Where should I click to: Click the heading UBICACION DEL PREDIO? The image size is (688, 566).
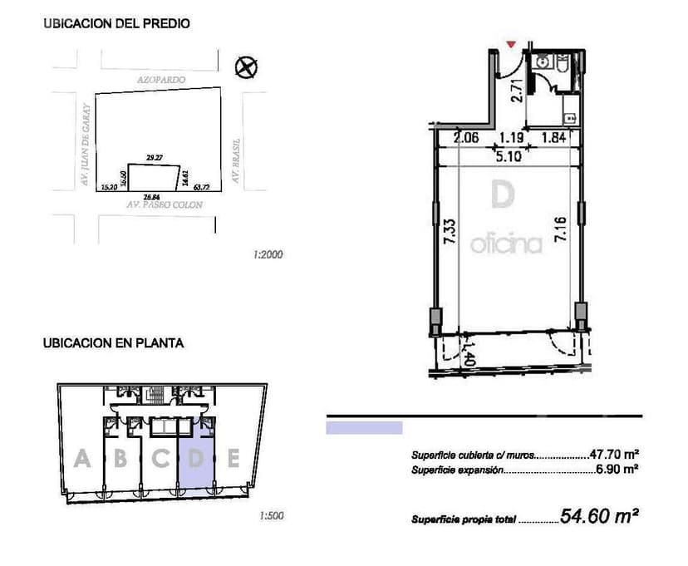[116, 24]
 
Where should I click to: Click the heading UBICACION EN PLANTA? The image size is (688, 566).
[113, 342]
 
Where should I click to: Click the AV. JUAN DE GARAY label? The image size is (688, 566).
[85, 143]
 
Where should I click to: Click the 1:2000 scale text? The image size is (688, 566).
[268, 255]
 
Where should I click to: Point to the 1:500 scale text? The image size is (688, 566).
[272, 516]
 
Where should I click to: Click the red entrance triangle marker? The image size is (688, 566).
[510, 44]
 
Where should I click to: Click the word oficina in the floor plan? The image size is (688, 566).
[506, 244]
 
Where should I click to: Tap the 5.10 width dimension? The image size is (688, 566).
[508, 155]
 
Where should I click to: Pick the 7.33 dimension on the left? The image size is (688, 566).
[449, 229]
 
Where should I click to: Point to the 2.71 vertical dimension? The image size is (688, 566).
[517, 90]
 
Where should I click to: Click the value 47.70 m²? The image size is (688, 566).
[613, 455]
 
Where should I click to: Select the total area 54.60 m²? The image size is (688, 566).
[598, 516]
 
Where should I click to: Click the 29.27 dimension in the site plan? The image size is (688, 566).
[152, 156]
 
